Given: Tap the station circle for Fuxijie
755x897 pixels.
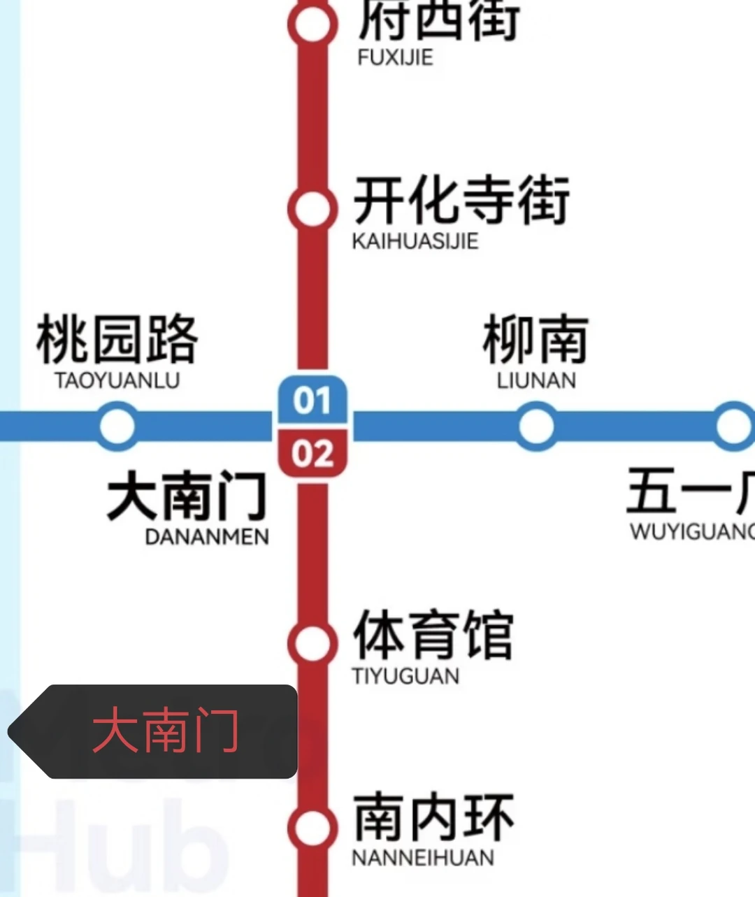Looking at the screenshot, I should click(312, 25).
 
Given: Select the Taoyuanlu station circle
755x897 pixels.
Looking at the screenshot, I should click(117, 426).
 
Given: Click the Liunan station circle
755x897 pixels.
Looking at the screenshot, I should click(536, 426).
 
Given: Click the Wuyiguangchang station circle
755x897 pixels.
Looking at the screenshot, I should click(734, 426).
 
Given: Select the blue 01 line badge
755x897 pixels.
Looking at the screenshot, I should click(312, 401).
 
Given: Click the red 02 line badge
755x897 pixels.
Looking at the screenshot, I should click(312, 454).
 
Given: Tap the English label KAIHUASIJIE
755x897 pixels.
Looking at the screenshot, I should click(415, 241).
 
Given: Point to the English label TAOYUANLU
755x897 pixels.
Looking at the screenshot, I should click(117, 381).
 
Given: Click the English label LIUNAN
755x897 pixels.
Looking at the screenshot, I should click(536, 381).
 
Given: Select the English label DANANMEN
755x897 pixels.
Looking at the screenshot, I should click(207, 537).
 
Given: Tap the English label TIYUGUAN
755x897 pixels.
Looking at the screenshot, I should click(405, 676).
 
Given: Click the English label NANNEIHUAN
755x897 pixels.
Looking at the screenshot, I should click(423, 858).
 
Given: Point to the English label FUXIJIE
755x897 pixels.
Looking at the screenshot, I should click(395, 57).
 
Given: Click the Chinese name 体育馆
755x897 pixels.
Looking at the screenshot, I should click(433, 635).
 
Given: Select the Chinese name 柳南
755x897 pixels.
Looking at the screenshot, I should click(536, 340).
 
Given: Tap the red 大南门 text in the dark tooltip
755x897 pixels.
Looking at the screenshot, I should click(166, 731).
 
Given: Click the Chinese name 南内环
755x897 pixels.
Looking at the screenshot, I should click(433, 817).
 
